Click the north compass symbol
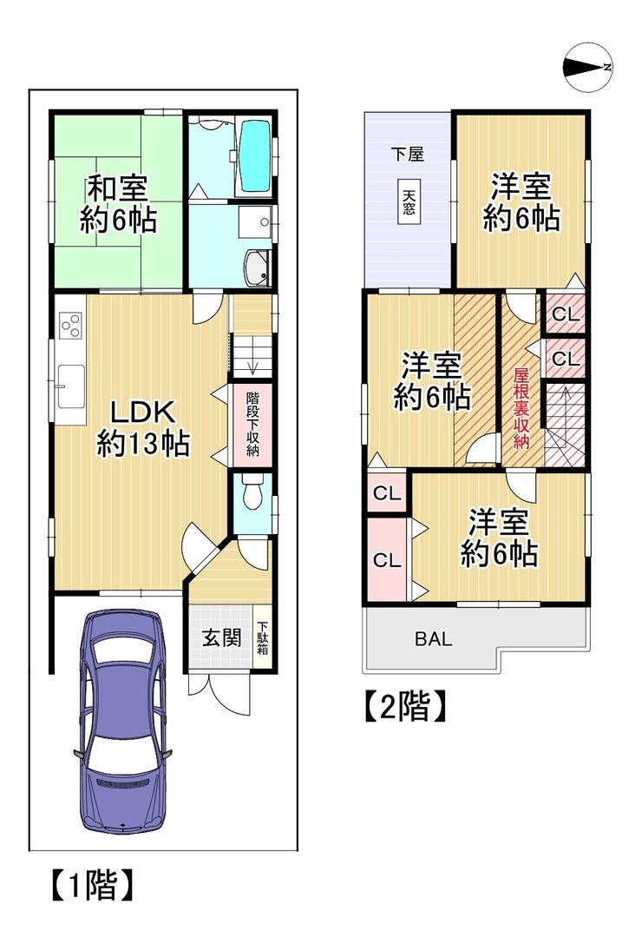click(588, 68)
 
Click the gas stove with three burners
click(71, 327)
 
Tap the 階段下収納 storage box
click(252, 424)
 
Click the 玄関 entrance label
click(221, 637)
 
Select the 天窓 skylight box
click(409, 201)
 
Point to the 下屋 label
click(408, 154)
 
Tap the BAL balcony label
click(433, 639)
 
